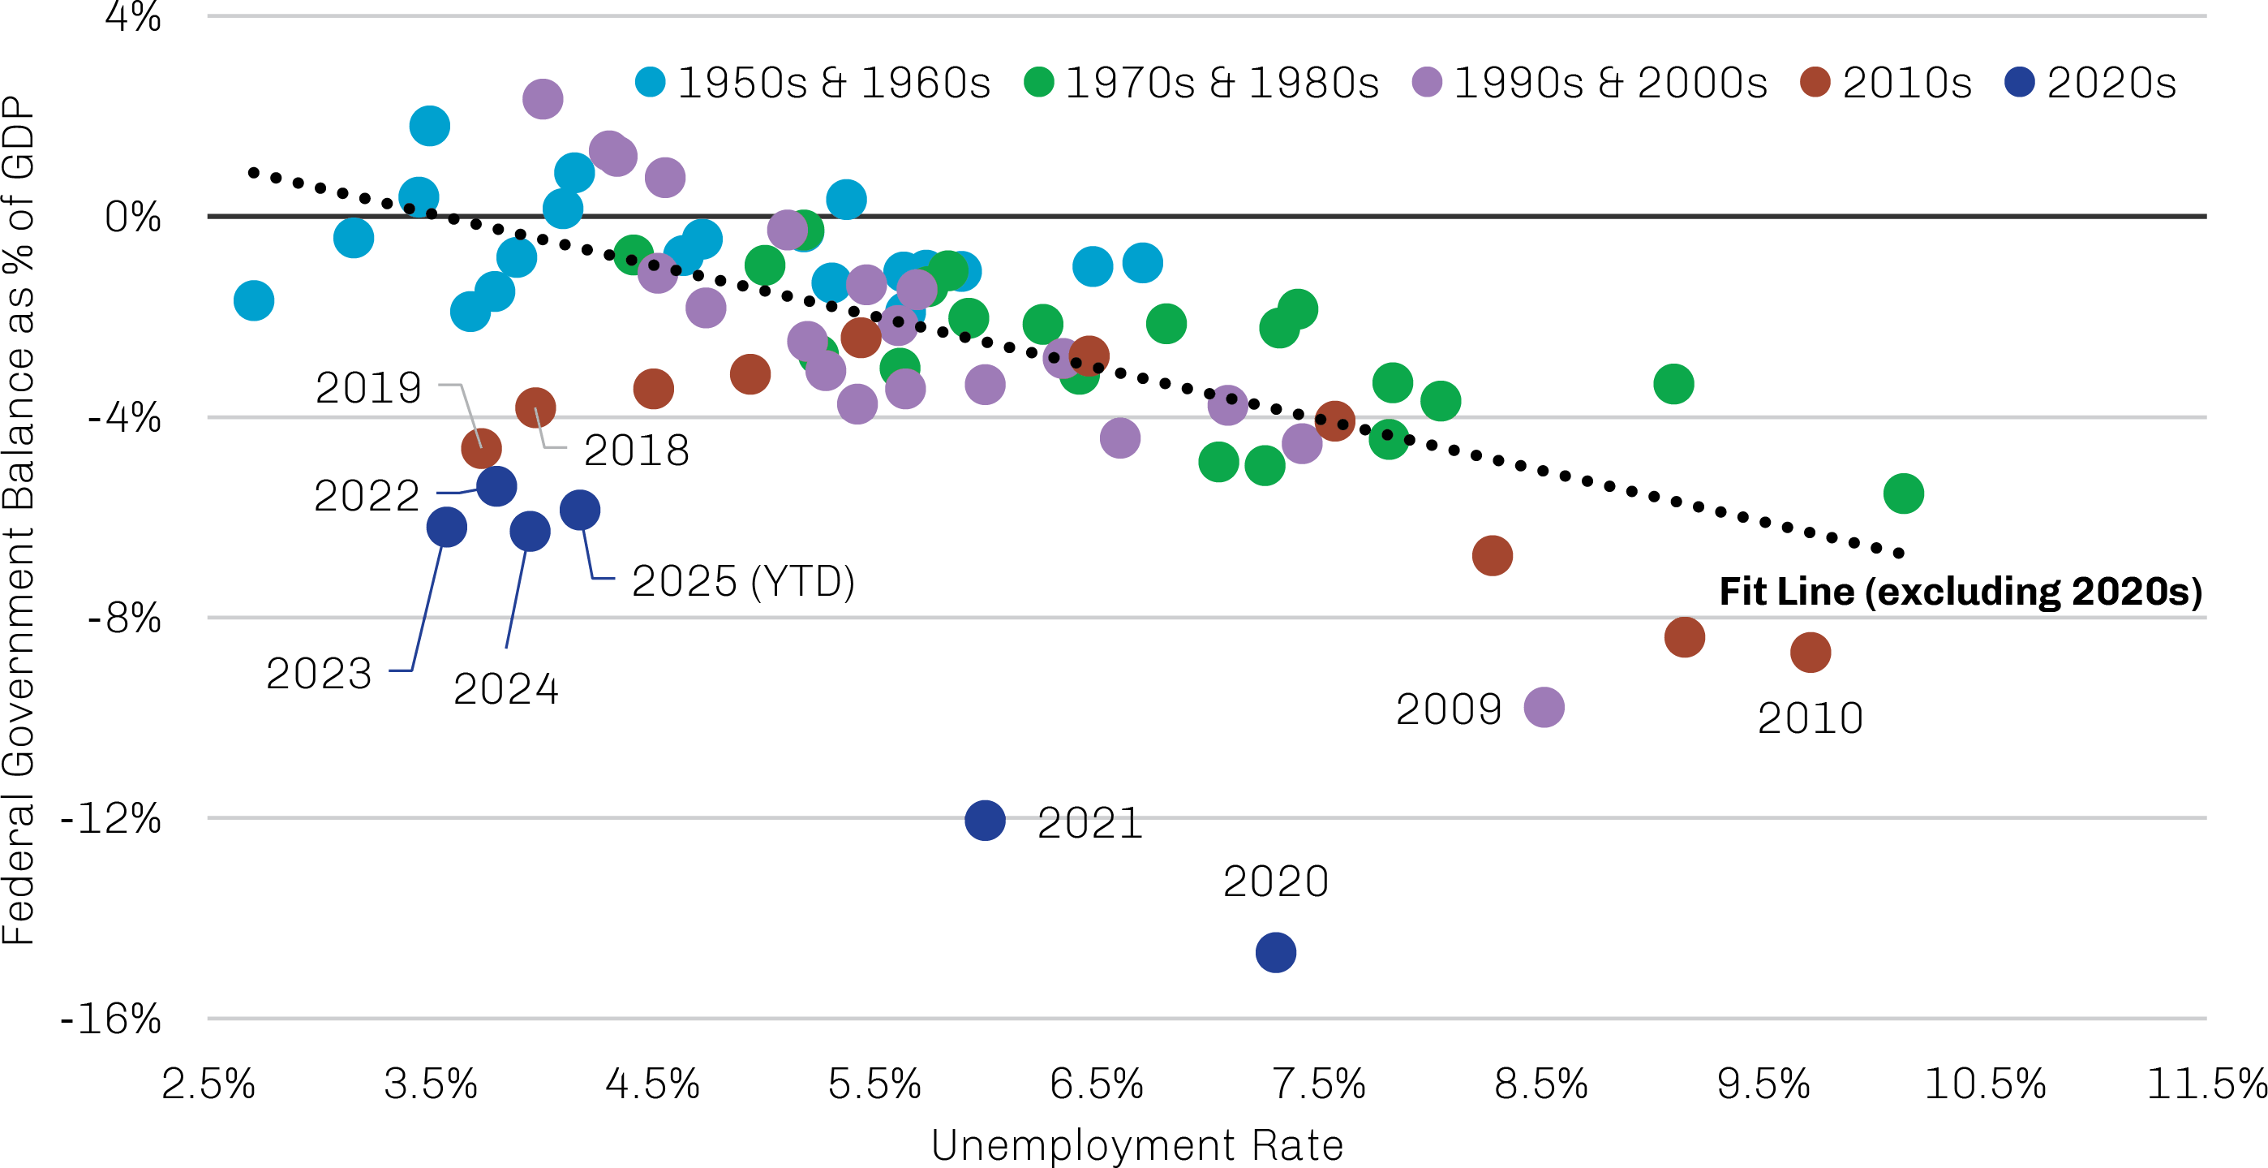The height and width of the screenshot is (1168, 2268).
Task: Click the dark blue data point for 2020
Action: (x=1276, y=952)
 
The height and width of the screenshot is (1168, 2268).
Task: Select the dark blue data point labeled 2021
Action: (x=986, y=821)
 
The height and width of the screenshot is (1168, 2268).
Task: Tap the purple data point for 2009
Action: (x=1544, y=707)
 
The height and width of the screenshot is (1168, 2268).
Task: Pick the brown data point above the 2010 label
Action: (x=1811, y=653)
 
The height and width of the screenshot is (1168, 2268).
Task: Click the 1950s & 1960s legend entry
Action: (x=814, y=83)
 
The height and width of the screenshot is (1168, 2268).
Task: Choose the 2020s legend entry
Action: (x=2091, y=83)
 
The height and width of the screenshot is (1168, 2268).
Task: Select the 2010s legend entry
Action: (x=1886, y=83)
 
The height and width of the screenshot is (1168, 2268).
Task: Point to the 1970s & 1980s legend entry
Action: (x=1202, y=83)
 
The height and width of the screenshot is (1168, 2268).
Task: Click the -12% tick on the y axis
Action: (x=111, y=819)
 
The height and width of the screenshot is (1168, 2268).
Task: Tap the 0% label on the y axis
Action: (x=133, y=217)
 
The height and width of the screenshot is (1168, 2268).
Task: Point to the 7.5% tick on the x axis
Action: (x=1319, y=1084)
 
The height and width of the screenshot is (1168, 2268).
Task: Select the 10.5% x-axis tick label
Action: (x=1986, y=1084)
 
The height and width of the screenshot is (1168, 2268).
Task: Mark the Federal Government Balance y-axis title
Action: (x=19, y=519)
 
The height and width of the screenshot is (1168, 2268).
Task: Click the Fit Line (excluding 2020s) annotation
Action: (x=1961, y=591)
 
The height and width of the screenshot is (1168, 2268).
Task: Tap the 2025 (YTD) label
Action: (x=743, y=581)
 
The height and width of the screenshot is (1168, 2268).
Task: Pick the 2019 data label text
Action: (x=369, y=387)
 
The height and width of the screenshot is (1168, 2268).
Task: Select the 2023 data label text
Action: (x=320, y=674)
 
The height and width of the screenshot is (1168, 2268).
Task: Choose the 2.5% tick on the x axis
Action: (x=208, y=1084)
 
